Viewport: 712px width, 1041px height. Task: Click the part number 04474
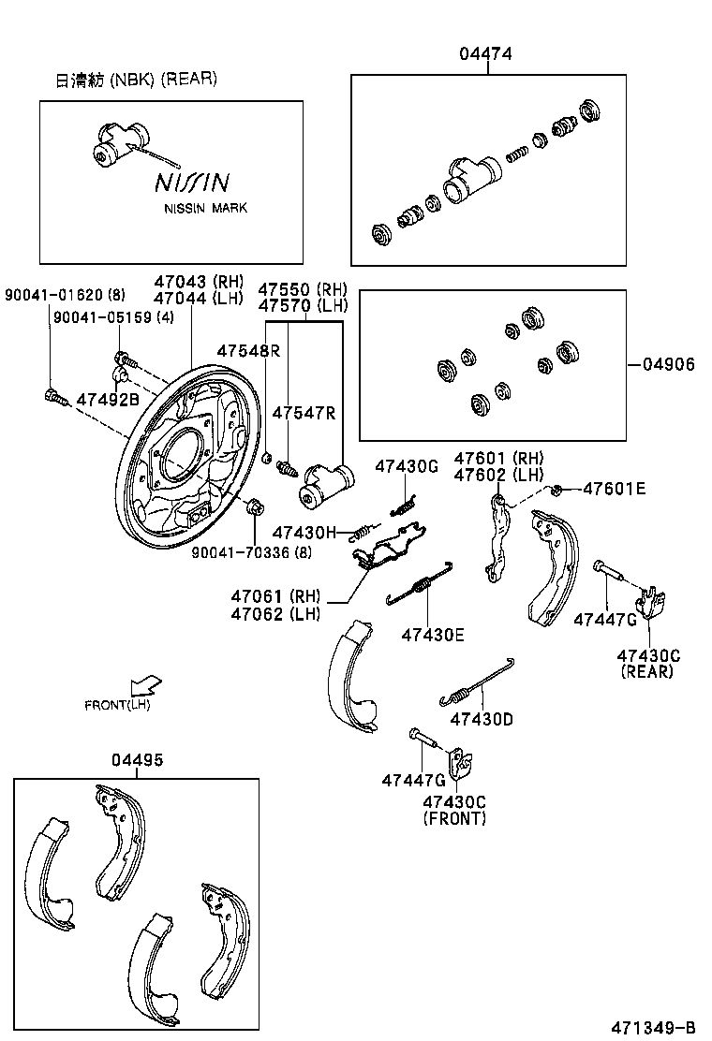tap(485, 54)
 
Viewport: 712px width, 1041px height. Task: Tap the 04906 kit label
tap(669, 364)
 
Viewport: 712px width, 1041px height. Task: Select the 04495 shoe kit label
tap(137, 759)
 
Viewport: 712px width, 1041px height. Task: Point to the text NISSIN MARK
tap(206, 208)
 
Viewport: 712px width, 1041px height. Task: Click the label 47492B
tap(108, 398)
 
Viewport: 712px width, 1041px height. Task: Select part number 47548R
tap(248, 350)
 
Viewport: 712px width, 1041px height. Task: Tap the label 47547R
tap(304, 413)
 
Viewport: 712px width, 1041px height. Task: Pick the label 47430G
tap(407, 465)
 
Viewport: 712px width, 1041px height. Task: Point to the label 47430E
tap(433, 634)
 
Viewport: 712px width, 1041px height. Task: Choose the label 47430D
tap(482, 719)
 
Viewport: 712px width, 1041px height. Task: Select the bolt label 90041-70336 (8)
tap(251, 552)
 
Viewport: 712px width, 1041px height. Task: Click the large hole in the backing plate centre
tap(183, 452)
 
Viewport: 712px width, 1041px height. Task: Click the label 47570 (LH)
tap(303, 305)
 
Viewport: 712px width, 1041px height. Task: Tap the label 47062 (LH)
tap(276, 614)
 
